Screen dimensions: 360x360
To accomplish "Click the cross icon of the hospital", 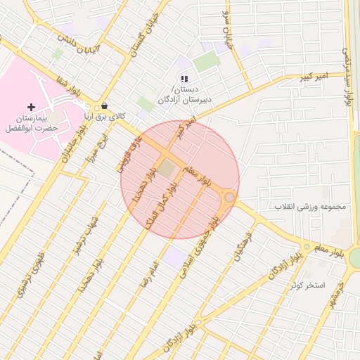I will (x=29, y=106).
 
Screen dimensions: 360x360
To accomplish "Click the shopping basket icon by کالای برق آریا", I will (x=105, y=106).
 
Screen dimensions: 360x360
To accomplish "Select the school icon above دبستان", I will (x=184, y=79).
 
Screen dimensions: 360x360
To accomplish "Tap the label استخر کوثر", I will (x=309, y=285).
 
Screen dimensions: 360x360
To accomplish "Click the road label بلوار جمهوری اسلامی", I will (x=200, y=247).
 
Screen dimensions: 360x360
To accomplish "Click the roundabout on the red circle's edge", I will (x=230, y=198).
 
